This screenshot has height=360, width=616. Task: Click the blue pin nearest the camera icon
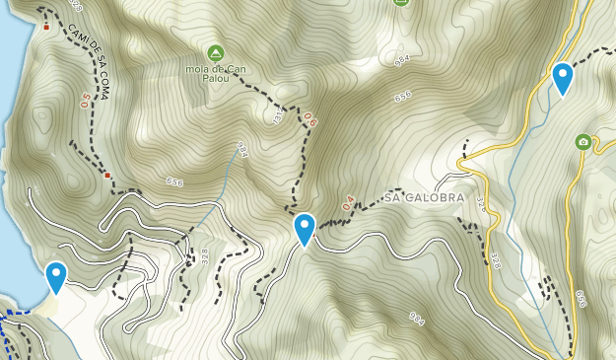[563, 78]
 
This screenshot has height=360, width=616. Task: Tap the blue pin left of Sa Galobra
[305, 229]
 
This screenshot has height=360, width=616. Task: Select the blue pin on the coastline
[56, 277]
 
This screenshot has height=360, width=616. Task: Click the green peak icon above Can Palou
[215, 51]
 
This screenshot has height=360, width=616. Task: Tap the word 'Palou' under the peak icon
[215, 80]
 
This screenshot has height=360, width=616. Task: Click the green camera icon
[583, 142]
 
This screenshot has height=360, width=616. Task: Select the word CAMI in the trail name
[75, 32]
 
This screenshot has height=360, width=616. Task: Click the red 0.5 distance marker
[86, 99]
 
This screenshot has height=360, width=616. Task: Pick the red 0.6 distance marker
[310, 120]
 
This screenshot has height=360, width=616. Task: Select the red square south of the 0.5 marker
[107, 175]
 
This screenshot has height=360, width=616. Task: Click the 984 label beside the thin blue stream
[241, 149]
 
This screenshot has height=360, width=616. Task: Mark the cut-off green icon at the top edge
[400, 3]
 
